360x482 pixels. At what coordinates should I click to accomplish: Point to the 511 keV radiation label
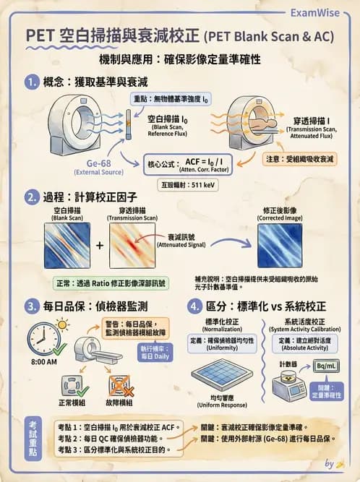(197, 185)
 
